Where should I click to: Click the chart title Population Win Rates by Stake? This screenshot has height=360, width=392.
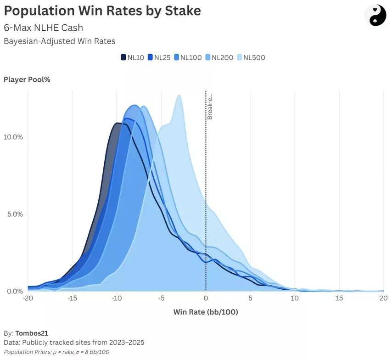(102, 11)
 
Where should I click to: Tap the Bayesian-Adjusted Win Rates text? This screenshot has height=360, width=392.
(59, 41)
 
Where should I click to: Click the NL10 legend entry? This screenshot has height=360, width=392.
(133, 57)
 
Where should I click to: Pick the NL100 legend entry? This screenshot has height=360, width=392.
(188, 57)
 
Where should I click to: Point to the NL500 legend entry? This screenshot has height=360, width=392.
(251, 57)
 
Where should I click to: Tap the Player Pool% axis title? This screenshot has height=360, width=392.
(27, 79)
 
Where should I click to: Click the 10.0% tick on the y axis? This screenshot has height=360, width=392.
(13, 137)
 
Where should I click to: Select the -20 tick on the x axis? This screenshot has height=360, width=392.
(28, 298)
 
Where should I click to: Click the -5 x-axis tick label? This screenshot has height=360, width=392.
(161, 298)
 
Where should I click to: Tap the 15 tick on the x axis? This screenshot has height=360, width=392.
(339, 298)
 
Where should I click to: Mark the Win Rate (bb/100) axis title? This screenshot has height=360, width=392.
(206, 312)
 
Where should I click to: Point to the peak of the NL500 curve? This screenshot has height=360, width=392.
(179, 96)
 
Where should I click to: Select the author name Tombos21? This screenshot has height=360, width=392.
(31, 333)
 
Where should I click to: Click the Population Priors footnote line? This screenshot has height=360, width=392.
(56, 351)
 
